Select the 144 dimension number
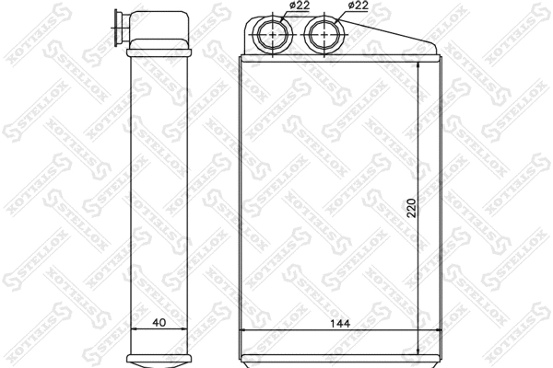tap(341, 323)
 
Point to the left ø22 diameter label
tap(297, 6)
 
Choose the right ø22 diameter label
tap(359, 6)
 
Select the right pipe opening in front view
tap(324, 36)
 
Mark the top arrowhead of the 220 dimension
tap(419, 65)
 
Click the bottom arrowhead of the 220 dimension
tap(419, 354)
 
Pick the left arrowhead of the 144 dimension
tap(244, 330)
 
